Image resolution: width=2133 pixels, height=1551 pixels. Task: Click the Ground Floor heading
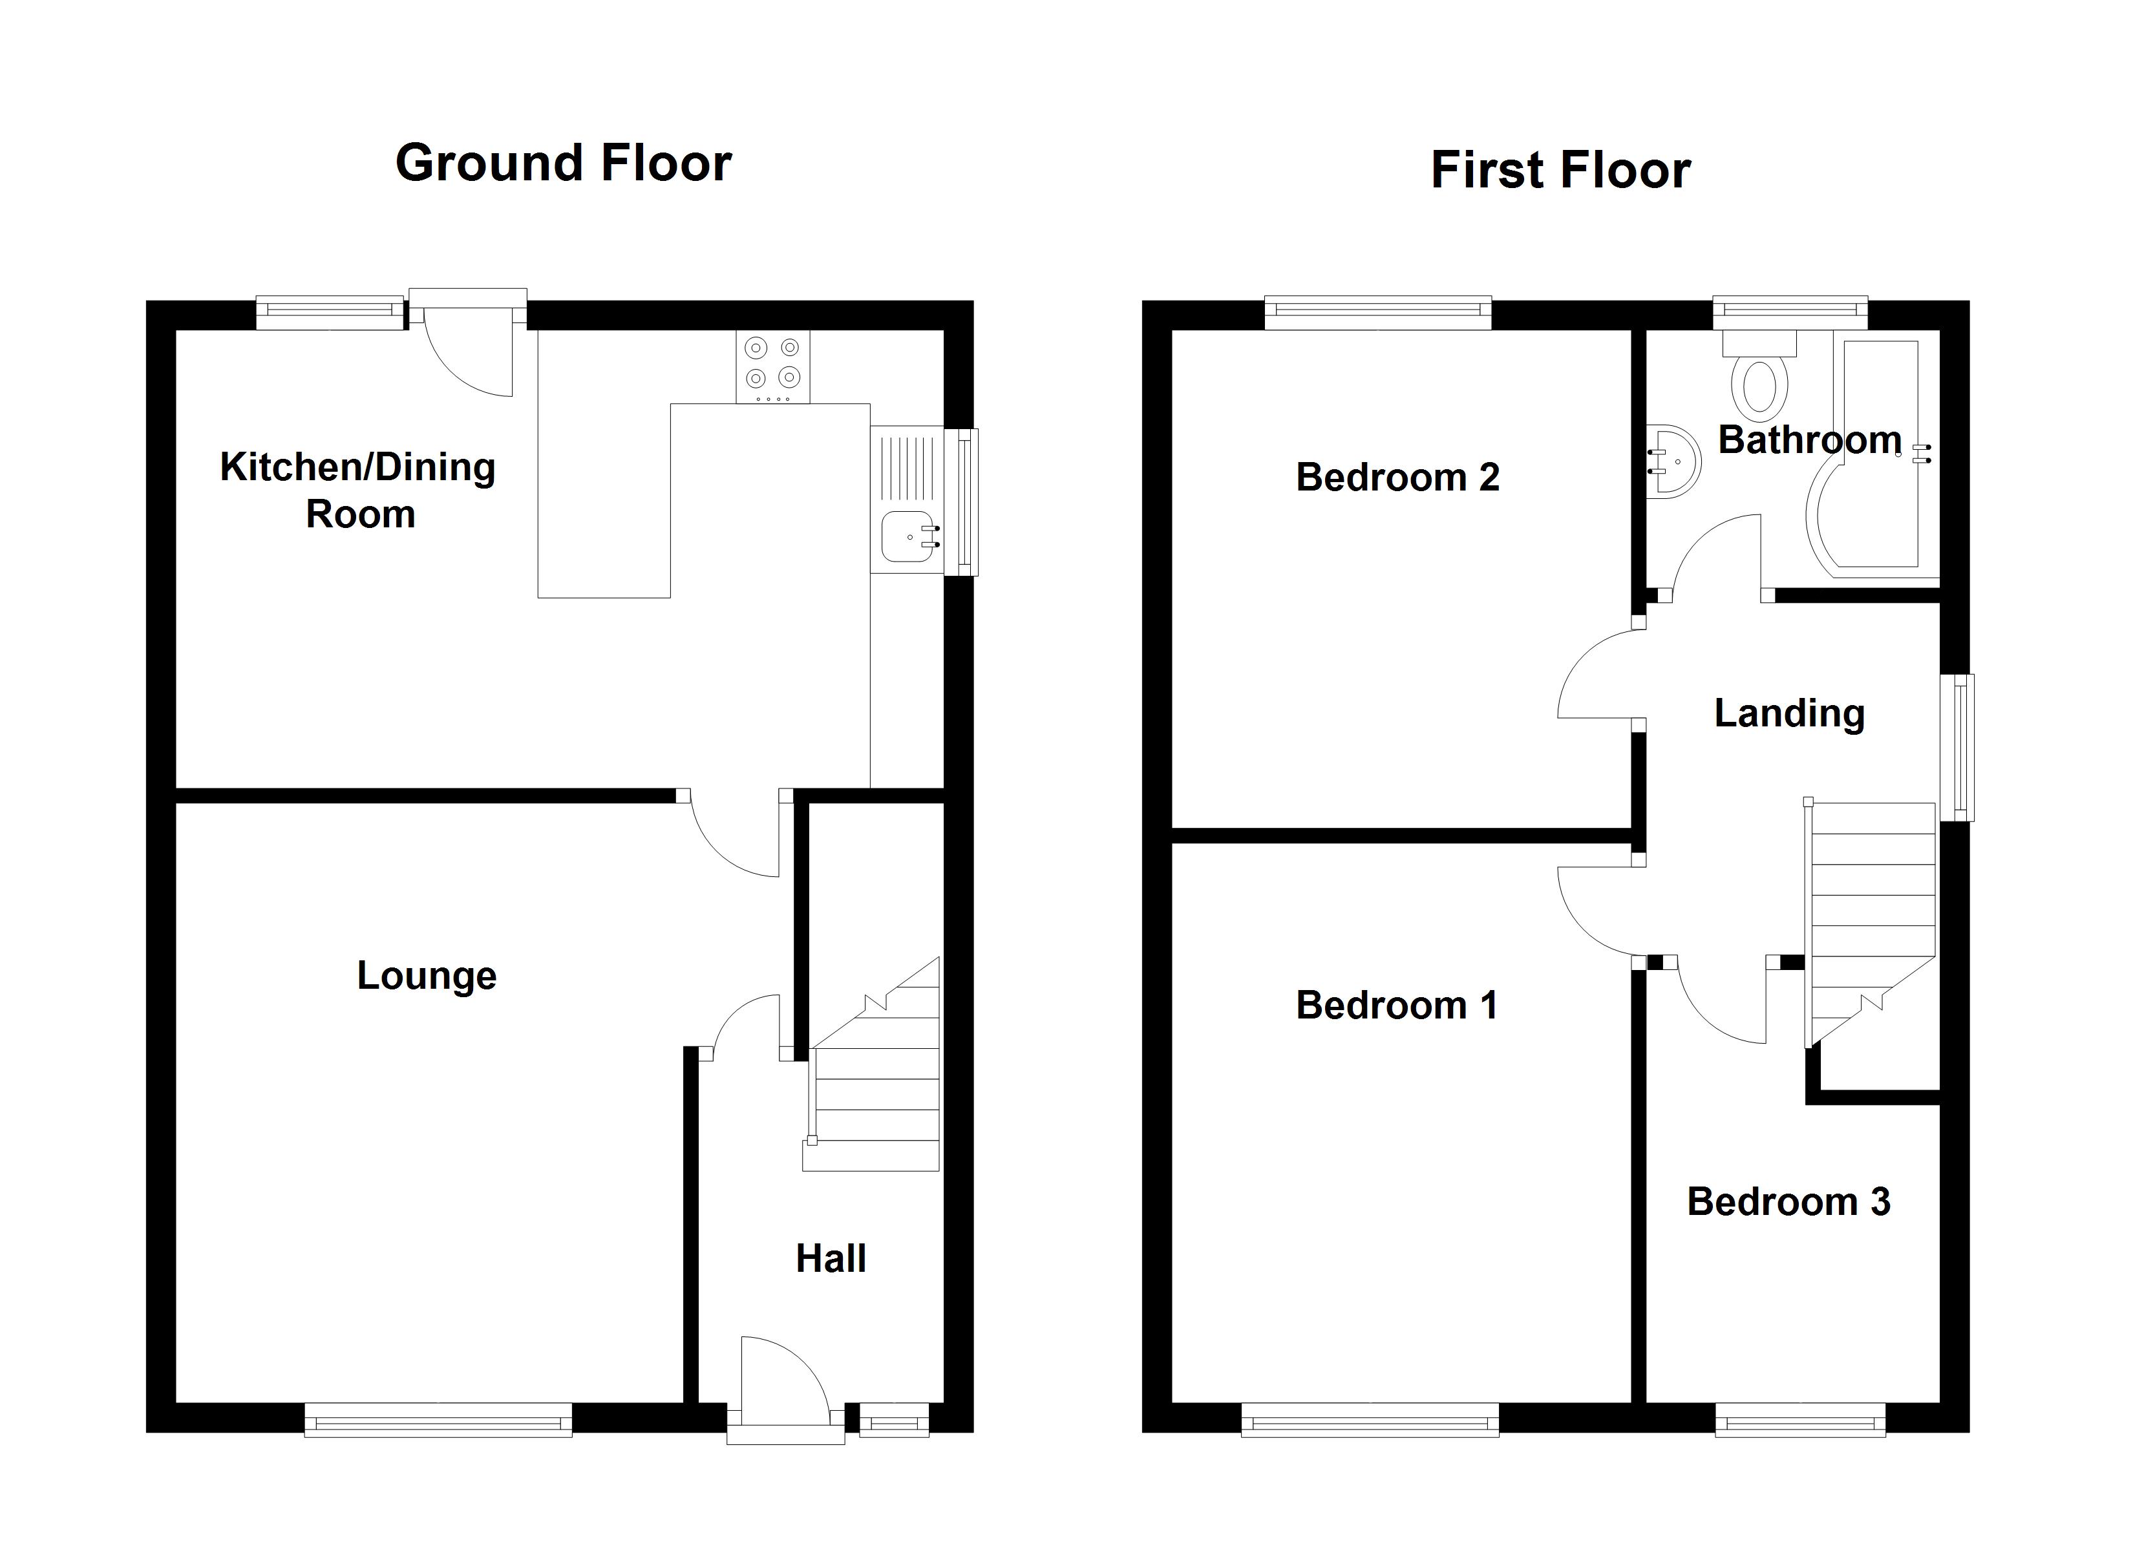click(564, 163)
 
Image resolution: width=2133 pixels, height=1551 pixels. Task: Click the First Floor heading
click(1560, 170)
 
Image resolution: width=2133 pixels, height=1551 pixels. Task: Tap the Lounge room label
click(427, 975)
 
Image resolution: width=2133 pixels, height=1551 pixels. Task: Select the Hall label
click(831, 1258)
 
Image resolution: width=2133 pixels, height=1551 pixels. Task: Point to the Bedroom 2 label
click(1397, 477)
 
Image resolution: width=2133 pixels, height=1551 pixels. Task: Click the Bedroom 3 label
click(1788, 1202)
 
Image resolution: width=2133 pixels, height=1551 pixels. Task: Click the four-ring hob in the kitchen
click(772, 367)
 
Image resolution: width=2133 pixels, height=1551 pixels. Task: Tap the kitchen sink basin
click(909, 536)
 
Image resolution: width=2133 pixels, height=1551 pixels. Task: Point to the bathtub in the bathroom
click(1872, 454)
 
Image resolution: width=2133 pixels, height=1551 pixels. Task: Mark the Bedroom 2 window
click(1378, 313)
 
